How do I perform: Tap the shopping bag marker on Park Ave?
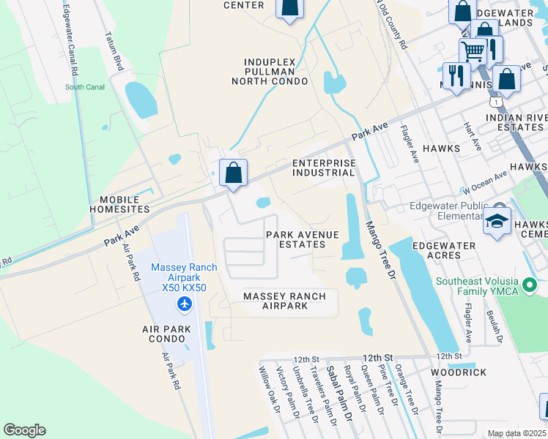click(233, 174)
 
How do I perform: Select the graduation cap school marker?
click(497, 221)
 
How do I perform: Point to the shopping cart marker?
click(473, 52)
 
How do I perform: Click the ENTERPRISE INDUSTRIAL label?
click(323, 168)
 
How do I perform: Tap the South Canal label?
click(85, 87)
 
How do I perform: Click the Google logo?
click(24, 430)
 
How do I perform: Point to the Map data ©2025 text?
click(517, 434)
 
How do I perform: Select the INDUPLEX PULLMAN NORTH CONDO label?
click(264, 72)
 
